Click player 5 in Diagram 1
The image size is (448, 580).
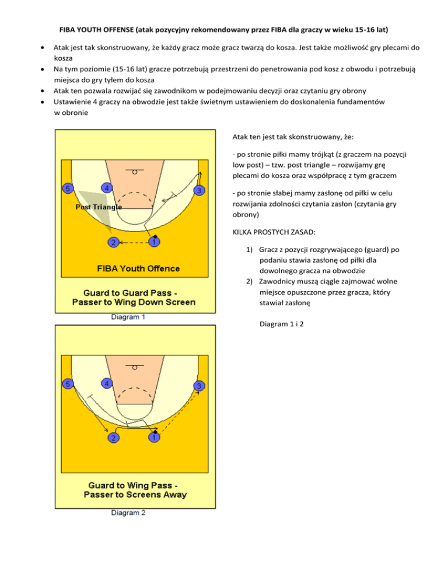(x=69, y=188)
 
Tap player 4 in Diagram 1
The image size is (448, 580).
(x=106, y=188)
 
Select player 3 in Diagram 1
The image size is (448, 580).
(x=199, y=191)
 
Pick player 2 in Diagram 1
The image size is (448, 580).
(x=113, y=242)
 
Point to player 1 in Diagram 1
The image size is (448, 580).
(x=153, y=242)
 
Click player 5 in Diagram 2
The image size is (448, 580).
(x=69, y=384)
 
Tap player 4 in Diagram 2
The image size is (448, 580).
(x=106, y=383)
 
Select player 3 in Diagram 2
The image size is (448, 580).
(x=199, y=386)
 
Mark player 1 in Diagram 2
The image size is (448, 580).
(x=153, y=437)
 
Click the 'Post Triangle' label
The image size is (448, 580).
(x=98, y=207)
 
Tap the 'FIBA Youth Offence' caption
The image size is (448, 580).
(x=138, y=268)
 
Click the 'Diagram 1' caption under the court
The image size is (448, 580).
(x=129, y=318)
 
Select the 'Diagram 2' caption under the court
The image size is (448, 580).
(x=129, y=513)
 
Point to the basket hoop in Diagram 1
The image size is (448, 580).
(x=135, y=172)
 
